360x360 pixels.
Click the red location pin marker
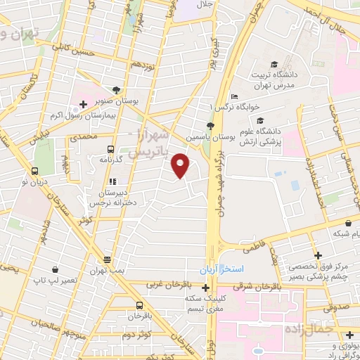tap(181, 166)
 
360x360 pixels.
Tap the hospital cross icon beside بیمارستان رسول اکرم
tap(83, 105)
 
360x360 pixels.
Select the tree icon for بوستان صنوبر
tap(115, 90)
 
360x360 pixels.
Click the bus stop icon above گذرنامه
tap(110, 149)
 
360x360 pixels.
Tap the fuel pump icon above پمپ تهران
tap(106, 259)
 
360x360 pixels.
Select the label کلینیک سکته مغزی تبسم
tap(205, 303)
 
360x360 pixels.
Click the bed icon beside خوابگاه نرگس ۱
tap(235, 97)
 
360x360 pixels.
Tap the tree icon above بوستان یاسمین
tap(210, 124)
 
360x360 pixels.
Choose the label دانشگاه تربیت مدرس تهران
tap(280, 80)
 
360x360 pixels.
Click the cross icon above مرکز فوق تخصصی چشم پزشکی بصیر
tap(319, 255)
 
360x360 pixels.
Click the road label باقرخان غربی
tap(166, 285)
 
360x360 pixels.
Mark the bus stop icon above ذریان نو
tap(35, 171)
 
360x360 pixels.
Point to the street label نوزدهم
tap(143, 64)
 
